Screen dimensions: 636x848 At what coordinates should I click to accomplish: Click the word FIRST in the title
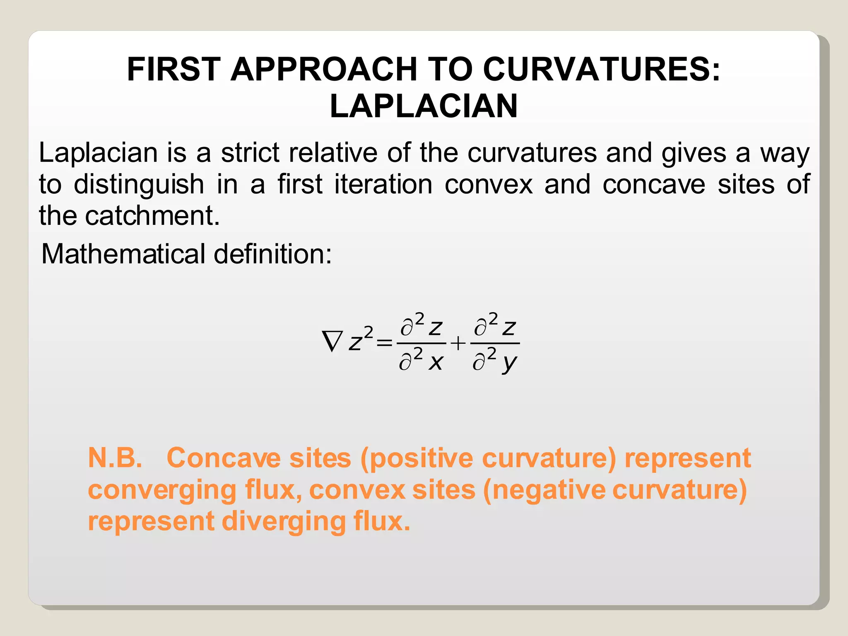tap(173, 69)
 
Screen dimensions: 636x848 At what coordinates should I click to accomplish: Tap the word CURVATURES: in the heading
tap(601, 69)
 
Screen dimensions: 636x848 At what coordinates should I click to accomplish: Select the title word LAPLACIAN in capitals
tap(424, 106)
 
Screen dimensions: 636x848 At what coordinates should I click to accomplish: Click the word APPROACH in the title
tap(323, 69)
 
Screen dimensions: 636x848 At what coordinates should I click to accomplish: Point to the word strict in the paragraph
tap(250, 153)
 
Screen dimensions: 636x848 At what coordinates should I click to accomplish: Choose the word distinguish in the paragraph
tap(139, 185)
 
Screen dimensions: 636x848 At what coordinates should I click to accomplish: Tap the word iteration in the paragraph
tap(383, 185)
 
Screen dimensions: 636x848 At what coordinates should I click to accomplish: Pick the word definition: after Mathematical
tap(272, 254)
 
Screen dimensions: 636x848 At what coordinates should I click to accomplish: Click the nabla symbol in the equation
tap(332, 342)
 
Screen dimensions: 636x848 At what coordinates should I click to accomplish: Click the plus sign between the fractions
tap(458, 343)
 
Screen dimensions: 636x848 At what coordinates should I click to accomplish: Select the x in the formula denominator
tap(436, 363)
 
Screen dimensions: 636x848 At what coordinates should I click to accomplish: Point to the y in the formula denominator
tap(509, 364)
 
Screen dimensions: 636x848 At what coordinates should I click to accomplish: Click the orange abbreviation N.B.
tap(115, 458)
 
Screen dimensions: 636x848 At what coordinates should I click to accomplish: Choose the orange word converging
tap(162, 490)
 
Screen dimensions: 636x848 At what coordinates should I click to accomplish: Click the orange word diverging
tap(284, 522)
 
